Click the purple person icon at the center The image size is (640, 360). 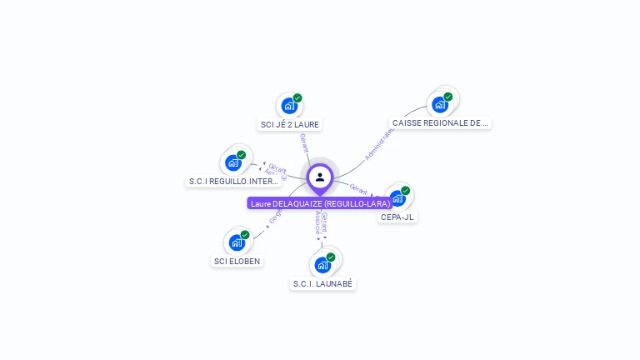[320, 177]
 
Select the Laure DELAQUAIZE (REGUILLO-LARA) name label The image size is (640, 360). [320, 203]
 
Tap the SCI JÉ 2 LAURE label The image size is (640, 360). [289, 125]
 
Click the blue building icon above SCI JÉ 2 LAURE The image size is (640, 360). [288, 106]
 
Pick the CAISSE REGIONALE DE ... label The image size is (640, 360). [440, 123]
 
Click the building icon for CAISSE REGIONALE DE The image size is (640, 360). [439, 105]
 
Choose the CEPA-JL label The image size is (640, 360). [397, 217]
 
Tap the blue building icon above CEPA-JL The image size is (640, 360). [397, 199]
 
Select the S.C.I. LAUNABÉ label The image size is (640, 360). [322, 284]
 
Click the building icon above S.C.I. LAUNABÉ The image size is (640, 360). [322, 265]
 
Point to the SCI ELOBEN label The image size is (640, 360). [237, 261]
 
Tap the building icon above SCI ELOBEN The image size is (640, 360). [237, 243]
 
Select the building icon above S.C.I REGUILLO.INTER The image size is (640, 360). [233, 162]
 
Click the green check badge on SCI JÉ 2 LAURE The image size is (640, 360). [297, 97]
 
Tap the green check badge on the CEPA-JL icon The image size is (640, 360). [406, 191]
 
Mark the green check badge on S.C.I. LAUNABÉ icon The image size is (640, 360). [331, 257]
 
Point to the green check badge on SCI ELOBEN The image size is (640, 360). [245, 235]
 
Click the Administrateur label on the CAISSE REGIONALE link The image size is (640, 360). [380, 143]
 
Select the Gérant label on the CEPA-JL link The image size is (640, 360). [359, 189]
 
